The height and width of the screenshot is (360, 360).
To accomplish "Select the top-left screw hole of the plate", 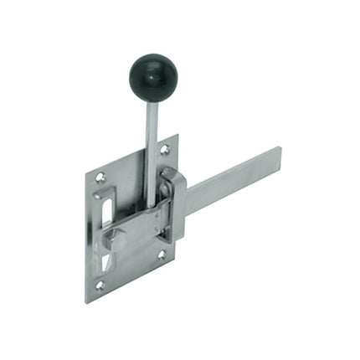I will point(100,177).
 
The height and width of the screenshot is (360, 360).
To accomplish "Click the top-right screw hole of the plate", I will point(164,150).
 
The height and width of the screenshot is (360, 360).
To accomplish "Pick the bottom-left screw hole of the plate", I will point(100,285).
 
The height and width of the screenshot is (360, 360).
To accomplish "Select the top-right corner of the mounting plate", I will point(177,136).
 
